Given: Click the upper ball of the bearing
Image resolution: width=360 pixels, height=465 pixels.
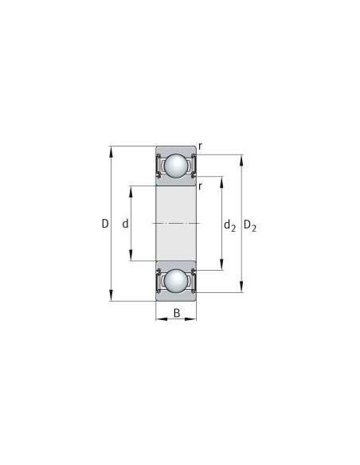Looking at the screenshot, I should (x=175, y=166).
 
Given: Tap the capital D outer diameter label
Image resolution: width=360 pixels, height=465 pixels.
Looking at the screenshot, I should (x=104, y=225).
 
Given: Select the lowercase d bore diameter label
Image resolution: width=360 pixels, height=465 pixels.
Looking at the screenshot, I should (x=125, y=225).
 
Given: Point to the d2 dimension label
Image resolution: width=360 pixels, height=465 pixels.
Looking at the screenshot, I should (x=229, y=226).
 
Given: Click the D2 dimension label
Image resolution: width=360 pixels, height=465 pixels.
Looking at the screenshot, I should (x=249, y=226).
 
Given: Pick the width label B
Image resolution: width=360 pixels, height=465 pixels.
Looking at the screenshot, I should (x=176, y=312).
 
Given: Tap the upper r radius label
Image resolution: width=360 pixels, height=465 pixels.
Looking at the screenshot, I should (x=200, y=146).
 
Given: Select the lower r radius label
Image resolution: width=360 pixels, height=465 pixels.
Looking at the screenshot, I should (x=200, y=186).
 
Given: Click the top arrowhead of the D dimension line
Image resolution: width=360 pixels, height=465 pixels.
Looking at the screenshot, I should (x=112, y=149).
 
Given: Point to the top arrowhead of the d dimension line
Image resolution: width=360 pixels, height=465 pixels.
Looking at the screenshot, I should (x=131, y=189).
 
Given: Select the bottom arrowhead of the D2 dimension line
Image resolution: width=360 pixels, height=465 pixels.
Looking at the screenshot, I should (x=241, y=289).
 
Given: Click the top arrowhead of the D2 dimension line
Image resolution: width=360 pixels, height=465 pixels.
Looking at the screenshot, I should (x=241, y=158).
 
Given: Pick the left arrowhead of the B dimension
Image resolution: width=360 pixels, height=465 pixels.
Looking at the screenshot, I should (x=158, y=318).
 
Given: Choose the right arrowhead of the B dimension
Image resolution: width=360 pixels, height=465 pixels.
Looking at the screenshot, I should (x=193, y=318).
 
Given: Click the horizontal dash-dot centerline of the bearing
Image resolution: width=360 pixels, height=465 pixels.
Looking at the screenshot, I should (x=175, y=224).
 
